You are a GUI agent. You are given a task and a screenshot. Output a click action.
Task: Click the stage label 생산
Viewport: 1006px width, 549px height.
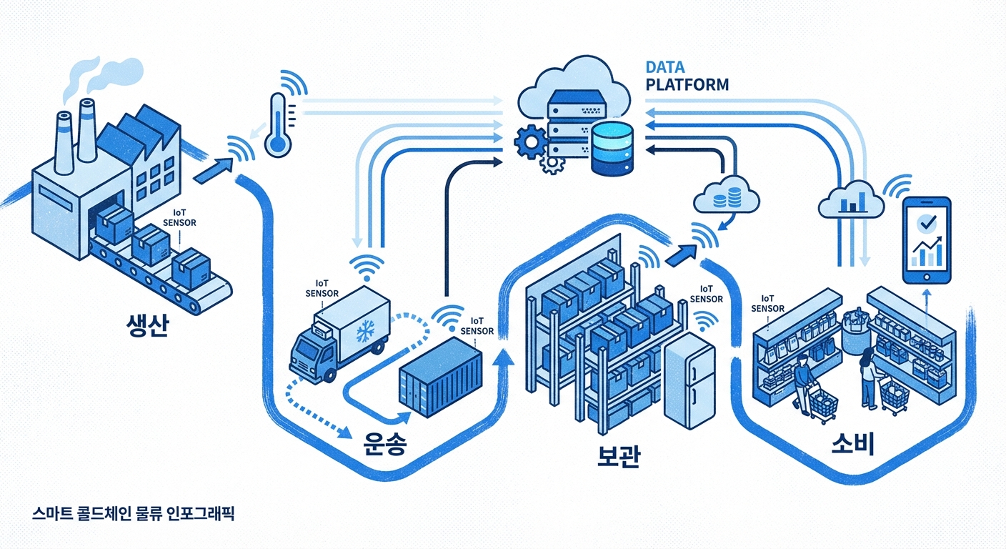pos(145,326)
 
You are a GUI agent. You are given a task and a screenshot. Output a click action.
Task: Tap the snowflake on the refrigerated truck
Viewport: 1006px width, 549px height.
pos(367,331)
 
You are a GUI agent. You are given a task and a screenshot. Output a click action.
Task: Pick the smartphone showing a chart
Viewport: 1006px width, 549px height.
pos(928,242)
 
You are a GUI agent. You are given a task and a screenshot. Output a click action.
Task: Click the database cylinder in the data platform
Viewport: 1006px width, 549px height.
pos(612,149)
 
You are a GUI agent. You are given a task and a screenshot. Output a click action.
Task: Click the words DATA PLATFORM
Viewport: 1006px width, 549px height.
pos(686,76)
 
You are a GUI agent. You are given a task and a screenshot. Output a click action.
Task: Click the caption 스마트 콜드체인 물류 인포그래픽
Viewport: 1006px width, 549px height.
pos(133,513)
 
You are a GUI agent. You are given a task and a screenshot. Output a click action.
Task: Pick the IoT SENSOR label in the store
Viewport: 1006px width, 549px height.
pos(768,303)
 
